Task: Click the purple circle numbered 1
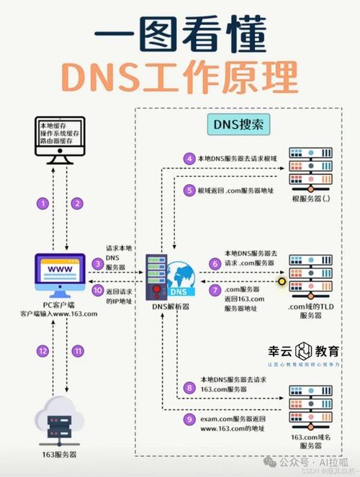[43, 204]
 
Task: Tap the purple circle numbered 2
[77, 204]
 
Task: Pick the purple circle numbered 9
[189, 418]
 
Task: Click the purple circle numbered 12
[43, 350]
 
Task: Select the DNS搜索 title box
[238, 124]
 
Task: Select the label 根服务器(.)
[310, 199]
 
